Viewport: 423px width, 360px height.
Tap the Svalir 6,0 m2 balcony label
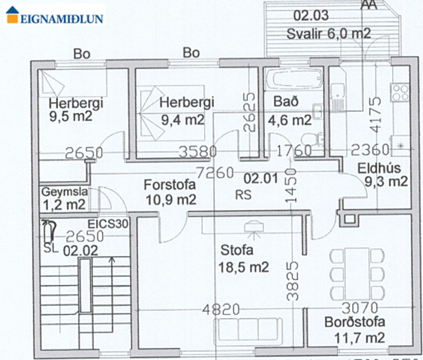pyautogui.click(x=328, y=34)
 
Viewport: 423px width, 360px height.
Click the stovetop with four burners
pyautogui.click(x=400, y=91)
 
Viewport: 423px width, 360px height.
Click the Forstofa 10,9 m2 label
pyautogui.click(x=170, y=192)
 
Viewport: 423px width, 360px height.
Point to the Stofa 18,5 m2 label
pyautogui.click(x=245, y=259)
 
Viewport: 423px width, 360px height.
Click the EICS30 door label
pyautogui.click(x=108, y=223)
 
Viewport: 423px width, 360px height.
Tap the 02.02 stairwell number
pyautogui.click(x=78, y=251)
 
